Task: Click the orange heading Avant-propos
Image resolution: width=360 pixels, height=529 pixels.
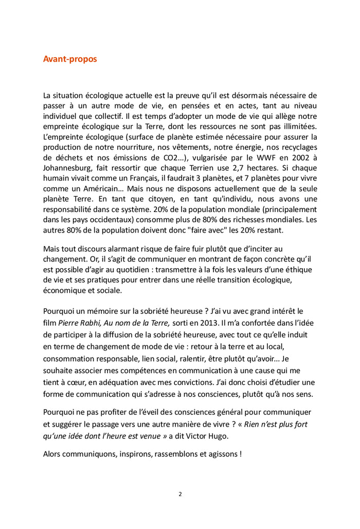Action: pyautogui.click(x=70, y=59)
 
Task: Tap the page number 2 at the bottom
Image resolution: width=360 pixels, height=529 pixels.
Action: pyautogui.click(x=180, y=494)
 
